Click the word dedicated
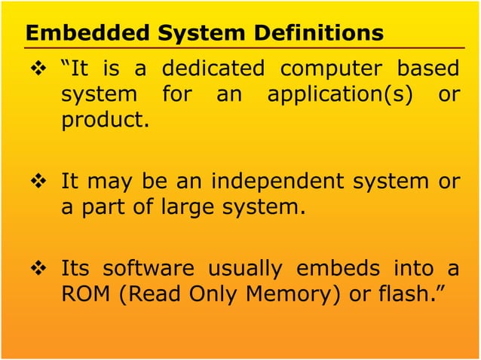213,69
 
